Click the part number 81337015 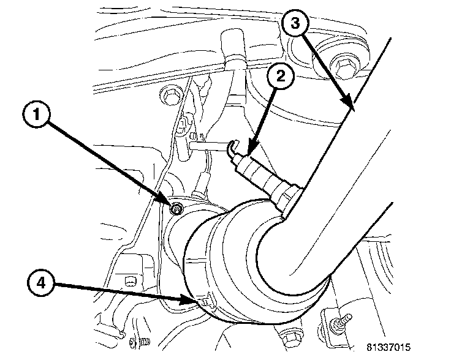coord(388,347)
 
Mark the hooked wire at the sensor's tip coord(230,148)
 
